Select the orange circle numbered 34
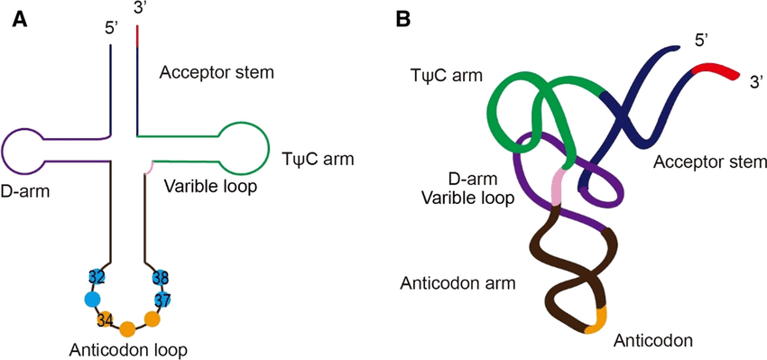pos(105,318)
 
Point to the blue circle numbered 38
pos(161,277)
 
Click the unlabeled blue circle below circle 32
pos(92,300)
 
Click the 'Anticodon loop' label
pos(127,348)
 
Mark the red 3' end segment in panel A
pos(137,35)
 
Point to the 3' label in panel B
pos(756,80)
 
